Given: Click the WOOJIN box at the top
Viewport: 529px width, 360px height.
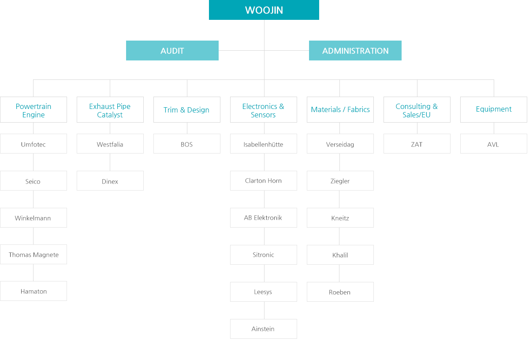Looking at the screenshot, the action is point(264,10).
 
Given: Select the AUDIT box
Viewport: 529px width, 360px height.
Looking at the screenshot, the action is point(172,51).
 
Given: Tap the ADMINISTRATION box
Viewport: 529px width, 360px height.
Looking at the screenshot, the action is point(355,51).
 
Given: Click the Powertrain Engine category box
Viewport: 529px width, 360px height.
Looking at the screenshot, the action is point(34,110).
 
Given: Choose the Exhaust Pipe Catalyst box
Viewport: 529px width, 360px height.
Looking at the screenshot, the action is point(110,110).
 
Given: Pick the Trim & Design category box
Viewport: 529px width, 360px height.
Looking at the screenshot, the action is point(187,110).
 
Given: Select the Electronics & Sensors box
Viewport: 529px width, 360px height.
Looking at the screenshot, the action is point(264,110).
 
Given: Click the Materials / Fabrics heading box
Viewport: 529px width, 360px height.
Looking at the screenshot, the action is point(340,110).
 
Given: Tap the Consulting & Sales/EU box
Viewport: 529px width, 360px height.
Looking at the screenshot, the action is point(417,110).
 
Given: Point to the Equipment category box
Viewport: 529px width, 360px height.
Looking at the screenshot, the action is point(494,110).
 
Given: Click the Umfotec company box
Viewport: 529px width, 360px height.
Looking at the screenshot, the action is point(34,144).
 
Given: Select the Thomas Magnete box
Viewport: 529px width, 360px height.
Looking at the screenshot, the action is point(34,255).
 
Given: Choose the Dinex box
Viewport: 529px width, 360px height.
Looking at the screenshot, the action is point(110,181).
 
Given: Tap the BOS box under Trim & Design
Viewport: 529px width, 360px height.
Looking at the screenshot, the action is point(187,144).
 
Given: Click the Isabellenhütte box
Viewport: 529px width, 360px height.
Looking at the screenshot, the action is point(264,144).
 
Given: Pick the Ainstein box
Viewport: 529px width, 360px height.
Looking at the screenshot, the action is point(264,329).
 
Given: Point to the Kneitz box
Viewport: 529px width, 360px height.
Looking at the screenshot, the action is point(340,217).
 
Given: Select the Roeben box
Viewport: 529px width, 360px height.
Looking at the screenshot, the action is point(340,292).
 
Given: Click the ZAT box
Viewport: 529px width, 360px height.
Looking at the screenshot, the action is point(417,144).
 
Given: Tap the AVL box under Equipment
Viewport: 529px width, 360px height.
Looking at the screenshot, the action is point(494,144).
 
